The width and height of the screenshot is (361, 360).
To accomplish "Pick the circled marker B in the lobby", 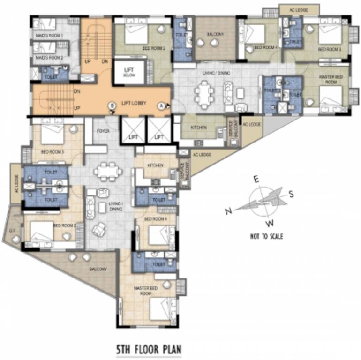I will (x=112, y=106).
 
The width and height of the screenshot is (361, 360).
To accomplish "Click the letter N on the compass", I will (x=228, y=211).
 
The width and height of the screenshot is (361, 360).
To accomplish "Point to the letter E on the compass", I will (x=256, y=179).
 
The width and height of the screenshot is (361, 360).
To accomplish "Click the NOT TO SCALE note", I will (x=266, y=236).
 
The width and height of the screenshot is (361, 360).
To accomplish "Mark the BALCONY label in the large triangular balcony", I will (x=98, y=270).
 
